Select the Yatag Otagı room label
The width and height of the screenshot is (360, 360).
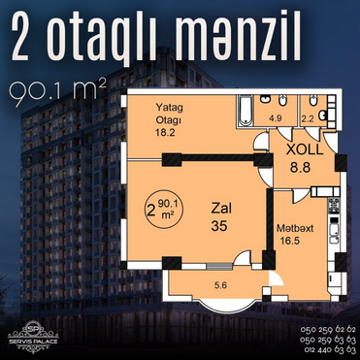169,114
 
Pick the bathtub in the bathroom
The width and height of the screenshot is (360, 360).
245,111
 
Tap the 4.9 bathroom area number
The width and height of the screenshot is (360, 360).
276,118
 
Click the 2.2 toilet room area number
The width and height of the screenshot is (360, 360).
308,118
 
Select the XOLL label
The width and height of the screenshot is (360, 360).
305,150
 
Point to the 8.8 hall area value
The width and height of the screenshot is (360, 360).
300,168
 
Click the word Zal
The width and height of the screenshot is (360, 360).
221,209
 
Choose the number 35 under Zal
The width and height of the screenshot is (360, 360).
219,226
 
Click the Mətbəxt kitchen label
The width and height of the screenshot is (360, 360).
295,229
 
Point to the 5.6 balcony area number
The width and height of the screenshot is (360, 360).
220,285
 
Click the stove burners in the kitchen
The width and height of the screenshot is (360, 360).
334,205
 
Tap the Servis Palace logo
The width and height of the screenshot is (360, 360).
34,337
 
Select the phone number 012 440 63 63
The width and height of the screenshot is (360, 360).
330,350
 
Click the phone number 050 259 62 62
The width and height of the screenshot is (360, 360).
328,330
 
